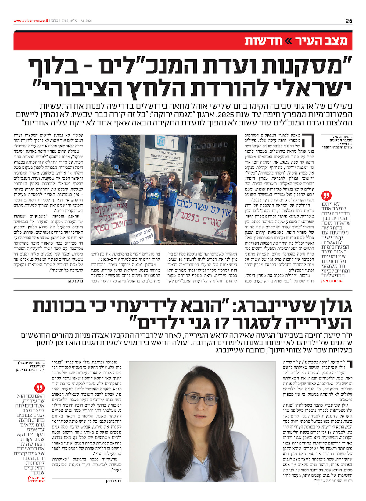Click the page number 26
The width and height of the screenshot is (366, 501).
pos(349,21)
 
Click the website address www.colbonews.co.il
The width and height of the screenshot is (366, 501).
pos(30,21)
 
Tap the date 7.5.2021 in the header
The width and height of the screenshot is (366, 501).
pos(86,21)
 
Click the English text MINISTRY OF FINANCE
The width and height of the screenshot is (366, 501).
pos(166,156)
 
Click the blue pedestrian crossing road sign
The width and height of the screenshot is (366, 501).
pos(116,167)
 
